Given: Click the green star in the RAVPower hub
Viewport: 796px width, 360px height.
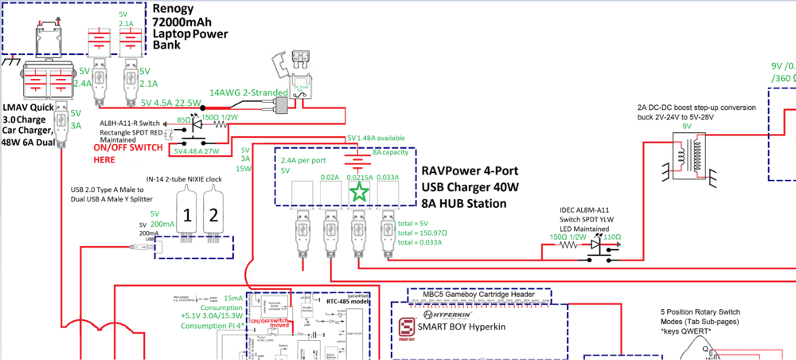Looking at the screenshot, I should click(x=360, y=191).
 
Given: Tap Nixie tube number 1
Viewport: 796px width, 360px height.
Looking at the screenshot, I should click(x=185, y=214).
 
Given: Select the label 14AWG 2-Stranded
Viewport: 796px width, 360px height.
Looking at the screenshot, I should click(x=248, y=93).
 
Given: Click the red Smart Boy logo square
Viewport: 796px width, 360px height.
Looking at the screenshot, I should click(x=407, y=328).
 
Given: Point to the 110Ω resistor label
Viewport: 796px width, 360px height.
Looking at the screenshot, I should click(x=611, y=237).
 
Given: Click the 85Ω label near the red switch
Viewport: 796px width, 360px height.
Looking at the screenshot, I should click(x=183, y=120).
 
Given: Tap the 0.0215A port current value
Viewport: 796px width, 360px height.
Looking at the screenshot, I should click(x=360, y=176).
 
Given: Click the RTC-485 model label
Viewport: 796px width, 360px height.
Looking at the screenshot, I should click(x=347, y=302).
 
